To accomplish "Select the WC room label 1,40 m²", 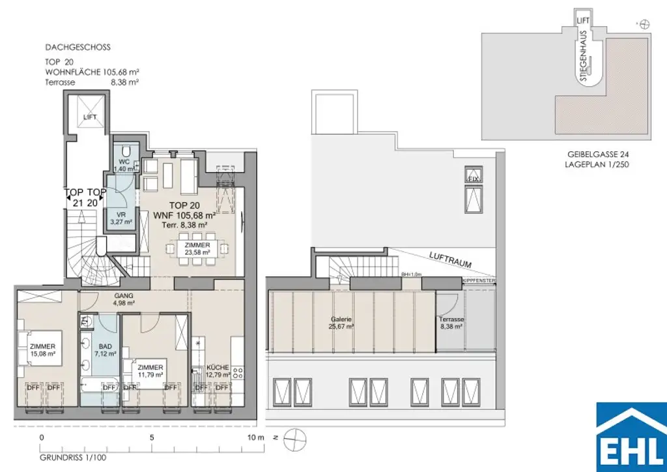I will [x=122, y=164].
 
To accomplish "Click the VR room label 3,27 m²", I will [x=121, y=218].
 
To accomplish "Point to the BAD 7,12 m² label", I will [x=106, y=349].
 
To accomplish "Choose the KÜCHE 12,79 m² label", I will [x=218, y=371].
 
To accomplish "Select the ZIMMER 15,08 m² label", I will [x=42, y=350].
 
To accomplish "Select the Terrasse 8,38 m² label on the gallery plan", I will [x=451, y=323].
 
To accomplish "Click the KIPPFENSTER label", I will [x=479, y=280].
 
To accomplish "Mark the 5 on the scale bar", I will [x=152, y=437].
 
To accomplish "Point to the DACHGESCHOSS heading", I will [x=78, y=48].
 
